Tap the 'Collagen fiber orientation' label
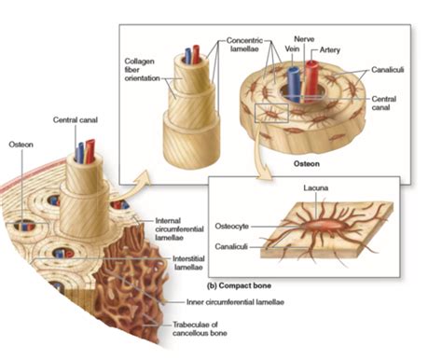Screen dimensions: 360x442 coord(144,70)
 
